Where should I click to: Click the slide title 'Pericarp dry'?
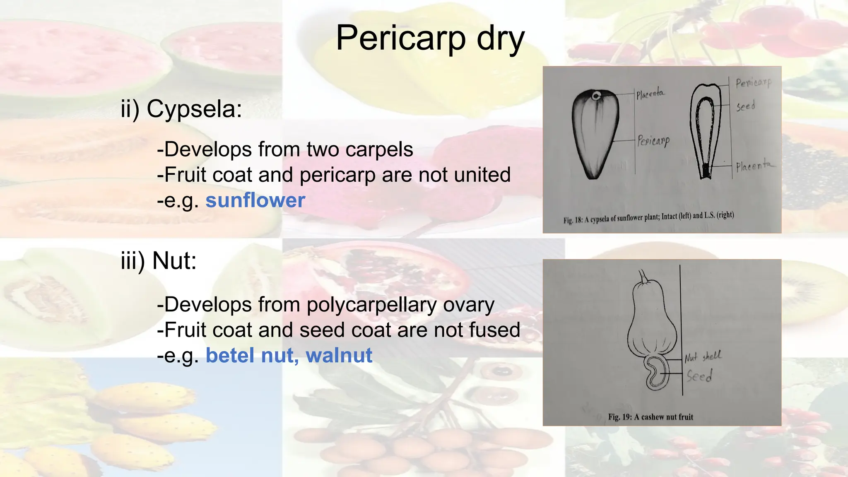pyautogui.click(x=430, y=38)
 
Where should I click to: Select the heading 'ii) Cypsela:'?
pyautogui.click(x=181, y=110)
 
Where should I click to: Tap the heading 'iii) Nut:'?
pyautogui.click(x=159, y=261)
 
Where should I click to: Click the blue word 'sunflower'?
pyautogui.click(x=255, y=200)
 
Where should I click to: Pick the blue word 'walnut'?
pyautogui.click(x=339, y=356)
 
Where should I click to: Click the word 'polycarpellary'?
pyautogui.click(x=371, y=305)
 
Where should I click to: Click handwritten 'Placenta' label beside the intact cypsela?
pyautogui.click(x=650, y=94)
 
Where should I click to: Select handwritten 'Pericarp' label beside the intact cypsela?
pyautogui.click(x=653, y=141)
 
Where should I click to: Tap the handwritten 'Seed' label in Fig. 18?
pyautogui.click(x=745, y=106)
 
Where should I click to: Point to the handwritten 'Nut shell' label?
pyautogui.click(x=703, y=357)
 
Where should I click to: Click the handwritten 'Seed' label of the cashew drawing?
pyautogui.click(x=699, y=376)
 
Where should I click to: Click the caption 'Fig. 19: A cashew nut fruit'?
pyautogui.click(x=650, y=417)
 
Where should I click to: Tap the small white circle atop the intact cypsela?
pyautogui.click(x=595, y=96)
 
